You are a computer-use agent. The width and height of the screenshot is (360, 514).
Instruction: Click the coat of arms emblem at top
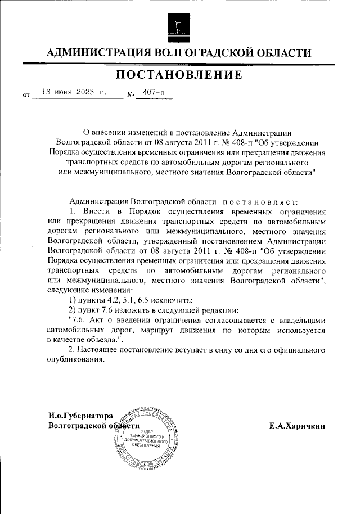pos(179,24)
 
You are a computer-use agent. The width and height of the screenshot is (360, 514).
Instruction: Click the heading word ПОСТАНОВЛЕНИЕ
pos(179,75)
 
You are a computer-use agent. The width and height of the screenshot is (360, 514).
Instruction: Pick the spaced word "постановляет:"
pos(257,201)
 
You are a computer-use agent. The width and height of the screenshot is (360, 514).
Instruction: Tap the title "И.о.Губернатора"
pos(81,416)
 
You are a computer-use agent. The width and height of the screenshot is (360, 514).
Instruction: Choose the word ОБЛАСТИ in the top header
pos(280,53)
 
